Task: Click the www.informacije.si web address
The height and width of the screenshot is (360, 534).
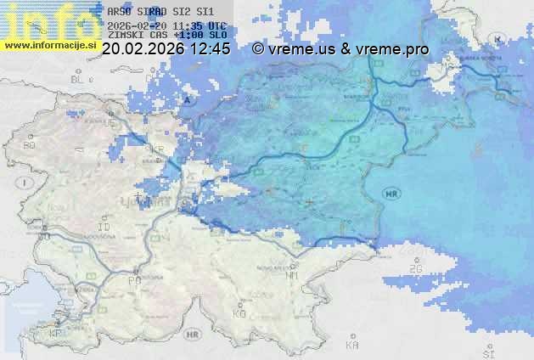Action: (x=48, y=44)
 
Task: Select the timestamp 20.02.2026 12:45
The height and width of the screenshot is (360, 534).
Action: (x=166, y=49)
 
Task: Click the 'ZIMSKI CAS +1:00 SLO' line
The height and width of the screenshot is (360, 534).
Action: (x=166, y=36)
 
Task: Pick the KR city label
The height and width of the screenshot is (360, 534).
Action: (x=158, y=149)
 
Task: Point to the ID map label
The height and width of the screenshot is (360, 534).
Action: (x=104, y=228)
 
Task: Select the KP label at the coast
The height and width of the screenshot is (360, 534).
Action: (x=56, y=333)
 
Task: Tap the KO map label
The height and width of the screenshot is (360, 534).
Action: (x=239, y=313)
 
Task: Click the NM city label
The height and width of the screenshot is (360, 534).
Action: (x=293, y=275)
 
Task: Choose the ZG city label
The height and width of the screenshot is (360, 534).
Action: (x=416, y=268)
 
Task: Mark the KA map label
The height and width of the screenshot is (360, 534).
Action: (x=352, y=346)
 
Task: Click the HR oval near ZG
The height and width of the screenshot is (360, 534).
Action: (x=391, y=194)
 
